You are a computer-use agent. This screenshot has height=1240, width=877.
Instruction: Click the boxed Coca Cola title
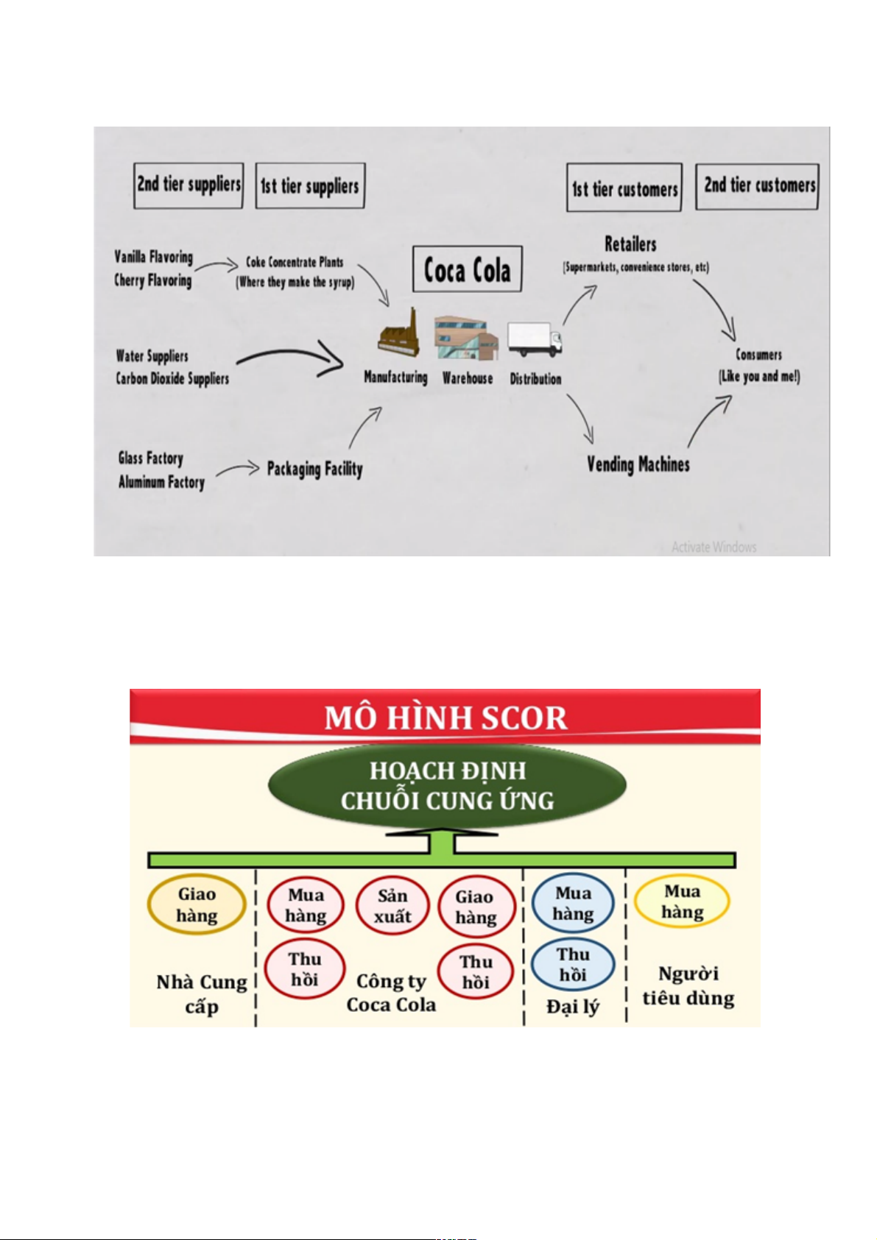(467, 269)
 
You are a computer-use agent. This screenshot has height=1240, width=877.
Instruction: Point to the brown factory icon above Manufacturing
(398, 333)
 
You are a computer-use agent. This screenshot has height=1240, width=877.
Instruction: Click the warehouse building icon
(466, 338)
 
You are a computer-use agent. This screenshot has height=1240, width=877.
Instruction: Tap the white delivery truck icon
(535, 339)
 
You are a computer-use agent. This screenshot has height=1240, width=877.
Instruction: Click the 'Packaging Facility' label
(314, 469)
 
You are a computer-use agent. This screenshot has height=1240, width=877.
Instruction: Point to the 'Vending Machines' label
(638, 464)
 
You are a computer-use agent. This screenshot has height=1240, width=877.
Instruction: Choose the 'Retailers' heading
(630, 244)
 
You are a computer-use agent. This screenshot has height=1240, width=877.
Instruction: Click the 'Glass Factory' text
(151, 458)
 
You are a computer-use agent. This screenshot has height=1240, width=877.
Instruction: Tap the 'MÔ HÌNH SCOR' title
(445, 718)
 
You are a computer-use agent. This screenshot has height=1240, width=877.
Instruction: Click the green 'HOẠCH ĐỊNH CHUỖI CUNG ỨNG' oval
(447, 786)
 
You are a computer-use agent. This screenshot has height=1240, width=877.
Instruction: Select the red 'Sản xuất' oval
(392, 906)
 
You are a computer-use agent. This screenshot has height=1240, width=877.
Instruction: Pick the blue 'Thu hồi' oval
(573, 964)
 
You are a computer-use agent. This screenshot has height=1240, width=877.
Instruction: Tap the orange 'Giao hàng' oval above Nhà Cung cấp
(197, 904)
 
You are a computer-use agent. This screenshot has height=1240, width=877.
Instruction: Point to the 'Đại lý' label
(573, 1007)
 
